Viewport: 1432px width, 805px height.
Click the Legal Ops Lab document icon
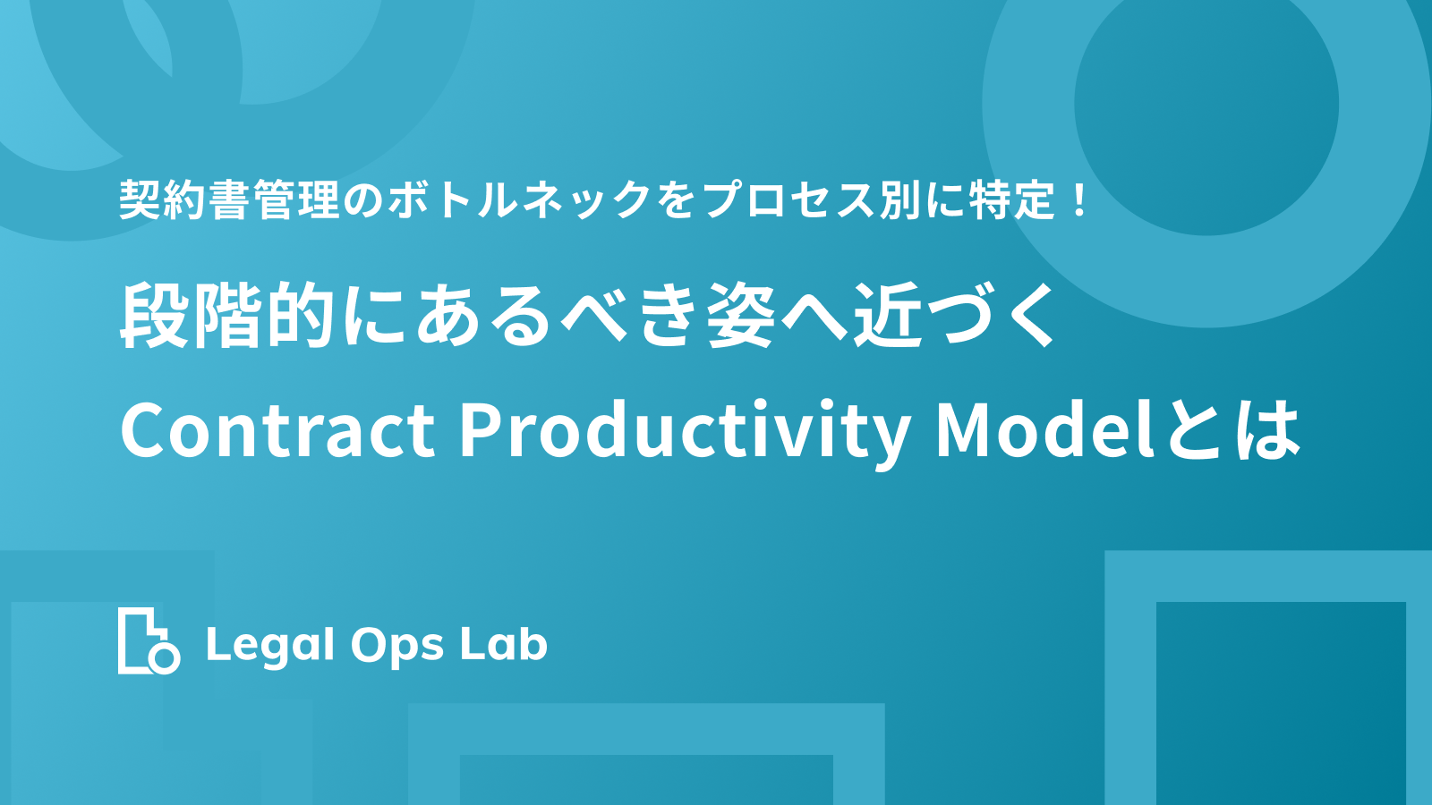[x=149, y=640]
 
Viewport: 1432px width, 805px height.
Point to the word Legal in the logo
[x=270, y=645]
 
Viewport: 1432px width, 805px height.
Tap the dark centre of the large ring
[x=1206, y=104]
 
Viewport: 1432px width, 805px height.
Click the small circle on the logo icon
[x=165, y=658]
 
